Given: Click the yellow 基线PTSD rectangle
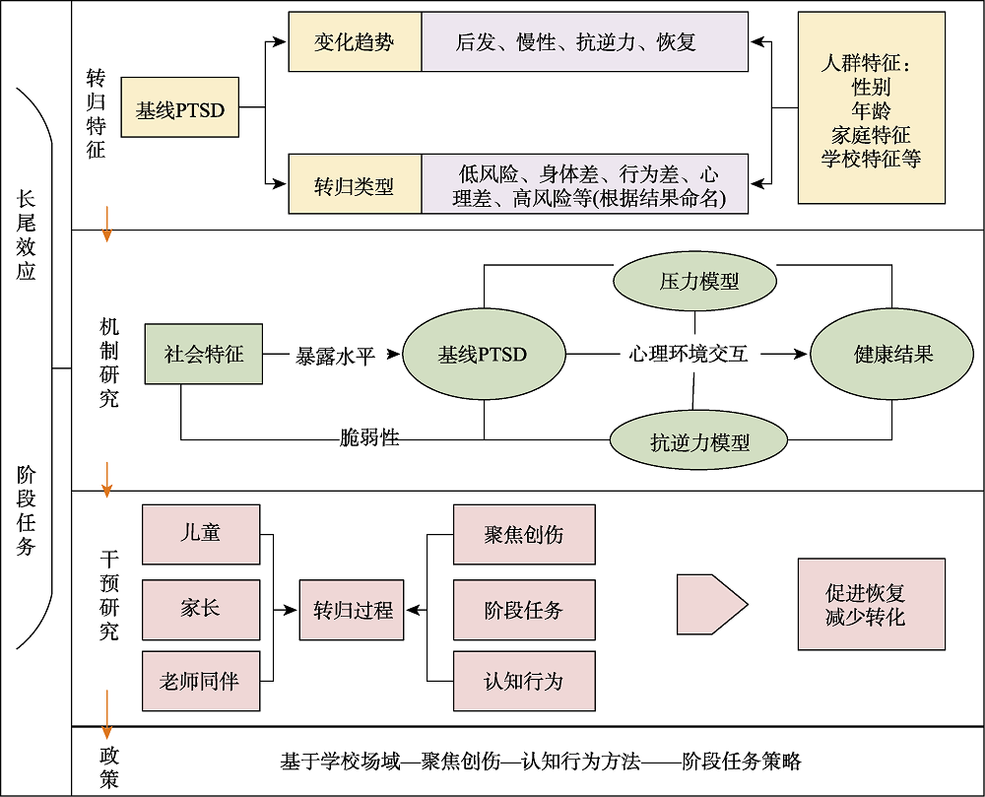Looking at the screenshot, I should coord(179,107).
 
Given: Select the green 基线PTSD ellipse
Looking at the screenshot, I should coord(483,355).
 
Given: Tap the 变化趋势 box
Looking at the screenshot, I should coord(355,41).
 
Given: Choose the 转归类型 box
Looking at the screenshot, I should coord(355,184).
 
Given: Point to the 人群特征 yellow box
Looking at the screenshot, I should coord(871,108).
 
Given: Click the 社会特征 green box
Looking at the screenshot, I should coord(204,354).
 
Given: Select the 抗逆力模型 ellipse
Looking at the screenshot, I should coord(698,440).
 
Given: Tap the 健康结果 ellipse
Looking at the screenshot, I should coord(892,355).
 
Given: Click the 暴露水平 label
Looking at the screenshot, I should coord(336,356).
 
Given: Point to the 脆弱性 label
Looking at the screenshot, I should coord(368,436).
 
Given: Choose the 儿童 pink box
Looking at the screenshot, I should coord(201,534).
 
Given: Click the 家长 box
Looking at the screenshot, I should coord(201,608).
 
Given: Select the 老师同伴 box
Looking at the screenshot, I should coord(201,681).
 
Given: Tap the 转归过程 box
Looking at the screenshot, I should coord(353,610).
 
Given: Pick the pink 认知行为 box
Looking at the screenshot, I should coord(523,681).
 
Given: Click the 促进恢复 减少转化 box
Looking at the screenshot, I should coord(871,605).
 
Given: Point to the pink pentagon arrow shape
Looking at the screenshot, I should coord(709,603).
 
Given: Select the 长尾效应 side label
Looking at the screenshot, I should coord(27,236).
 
